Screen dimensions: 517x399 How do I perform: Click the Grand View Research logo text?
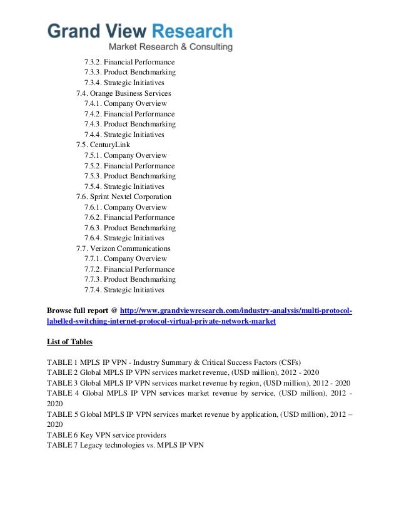pos(140,31)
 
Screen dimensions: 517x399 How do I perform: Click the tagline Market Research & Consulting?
pos(171,48)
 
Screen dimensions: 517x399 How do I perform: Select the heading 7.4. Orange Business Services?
pos(123,93)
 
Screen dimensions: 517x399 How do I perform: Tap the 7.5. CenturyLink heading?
pos(103,145)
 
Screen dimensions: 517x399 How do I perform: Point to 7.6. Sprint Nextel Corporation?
pos(123,197)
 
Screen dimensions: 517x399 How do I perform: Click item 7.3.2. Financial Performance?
pos(129,63)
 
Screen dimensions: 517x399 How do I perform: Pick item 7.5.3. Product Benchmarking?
pos(129,176)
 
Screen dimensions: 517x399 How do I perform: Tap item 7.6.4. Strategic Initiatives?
pos(124,238)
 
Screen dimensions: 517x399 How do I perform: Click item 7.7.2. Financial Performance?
pos(129,269)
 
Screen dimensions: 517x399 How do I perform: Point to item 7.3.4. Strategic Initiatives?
pos(124,83)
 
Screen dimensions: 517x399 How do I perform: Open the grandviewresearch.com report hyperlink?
pos(236,311)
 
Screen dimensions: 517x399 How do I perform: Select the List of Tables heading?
pos(69,342)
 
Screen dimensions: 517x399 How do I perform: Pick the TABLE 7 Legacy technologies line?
pos(125,445)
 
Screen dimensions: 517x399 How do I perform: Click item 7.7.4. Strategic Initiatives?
pos(124,290)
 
